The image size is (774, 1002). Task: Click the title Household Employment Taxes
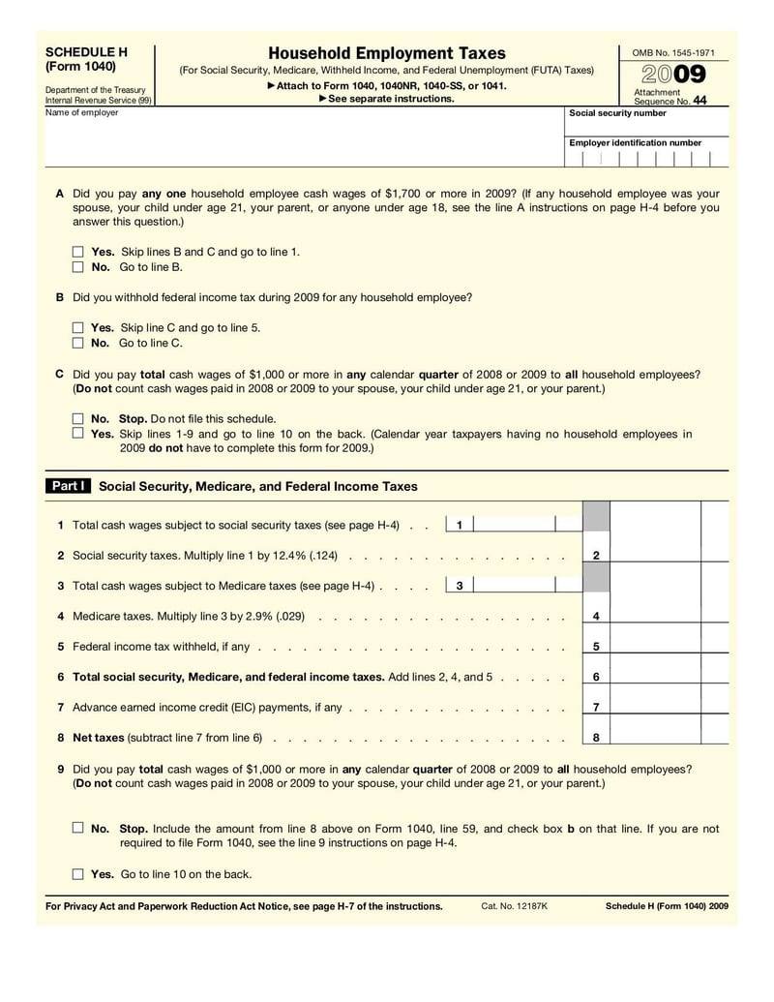click(x=386, y=53)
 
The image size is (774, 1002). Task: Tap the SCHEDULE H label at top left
click(x=86, y=51)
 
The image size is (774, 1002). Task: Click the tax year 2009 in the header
click(x=673, y=75)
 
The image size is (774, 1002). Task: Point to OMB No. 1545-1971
click(x=672, y=51)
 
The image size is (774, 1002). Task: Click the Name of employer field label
click(x=82, y=113)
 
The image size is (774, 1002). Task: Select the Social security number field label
click(x=617, y=113)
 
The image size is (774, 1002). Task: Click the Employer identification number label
click(x=635, y=142)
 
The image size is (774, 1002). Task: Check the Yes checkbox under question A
click(x=78, y=252)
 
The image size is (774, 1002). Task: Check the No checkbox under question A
click(x=78, y=266)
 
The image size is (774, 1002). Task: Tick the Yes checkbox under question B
click(x=78, y=328)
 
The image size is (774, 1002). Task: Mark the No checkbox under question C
click(x=78, y=419)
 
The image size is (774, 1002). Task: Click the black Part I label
click(x=69, y=486)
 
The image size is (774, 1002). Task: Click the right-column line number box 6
click(x=596, y=677)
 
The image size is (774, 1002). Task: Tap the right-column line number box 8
click(x=596, y=737)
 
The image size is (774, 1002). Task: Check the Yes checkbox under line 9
click(x=78, y=874)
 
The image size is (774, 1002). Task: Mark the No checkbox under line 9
click(x=78, y=829)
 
